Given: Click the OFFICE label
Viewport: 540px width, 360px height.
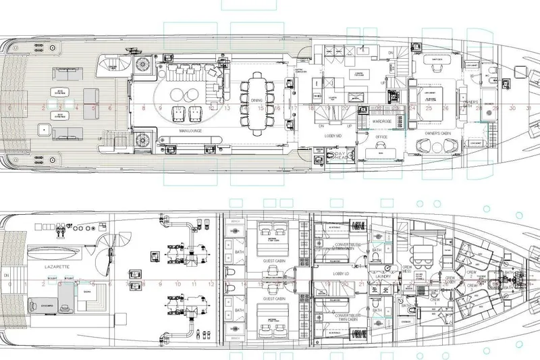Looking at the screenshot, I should pyautogui.click(x=381, y=136).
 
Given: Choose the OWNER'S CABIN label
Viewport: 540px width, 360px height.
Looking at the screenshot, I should pyautogui.click(x=437, y=134).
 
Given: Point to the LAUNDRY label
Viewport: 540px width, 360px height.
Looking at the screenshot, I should pyautogui.click(x=385, y=276).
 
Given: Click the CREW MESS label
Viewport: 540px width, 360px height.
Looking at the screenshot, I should pyautogui.click(x=407, y=269).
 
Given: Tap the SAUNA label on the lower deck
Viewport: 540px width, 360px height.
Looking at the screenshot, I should pyautogui.click(x=88, y=291).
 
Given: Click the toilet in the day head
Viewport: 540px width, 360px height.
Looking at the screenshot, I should pyautogui.click(x=331, y=156).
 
